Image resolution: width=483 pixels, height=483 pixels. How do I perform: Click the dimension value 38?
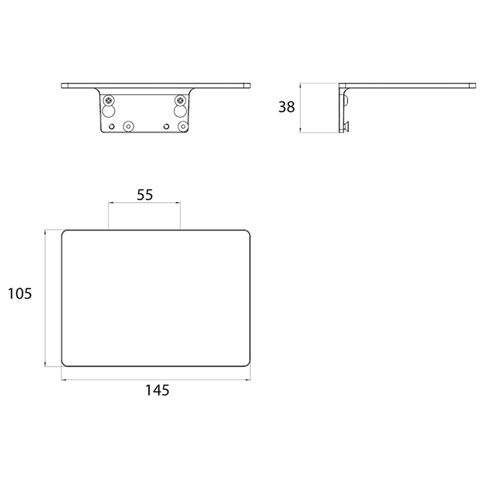(286, 107)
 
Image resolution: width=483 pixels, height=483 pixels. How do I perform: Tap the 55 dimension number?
(145, 195)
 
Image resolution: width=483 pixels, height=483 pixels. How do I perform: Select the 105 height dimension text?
(20, 293)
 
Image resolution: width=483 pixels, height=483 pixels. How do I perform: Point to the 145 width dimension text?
(157, 391)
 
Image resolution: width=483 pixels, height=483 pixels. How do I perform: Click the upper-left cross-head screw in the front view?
(108, 100)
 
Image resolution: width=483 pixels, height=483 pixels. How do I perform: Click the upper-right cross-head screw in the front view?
(180, 100)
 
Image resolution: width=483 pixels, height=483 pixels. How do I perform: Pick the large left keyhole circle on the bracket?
(108, 111)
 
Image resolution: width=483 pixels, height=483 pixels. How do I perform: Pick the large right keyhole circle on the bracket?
(180, 111)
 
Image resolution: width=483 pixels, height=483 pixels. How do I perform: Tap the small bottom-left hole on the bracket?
(112, 126)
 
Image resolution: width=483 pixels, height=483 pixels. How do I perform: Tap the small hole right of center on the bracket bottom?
(166, 126)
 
